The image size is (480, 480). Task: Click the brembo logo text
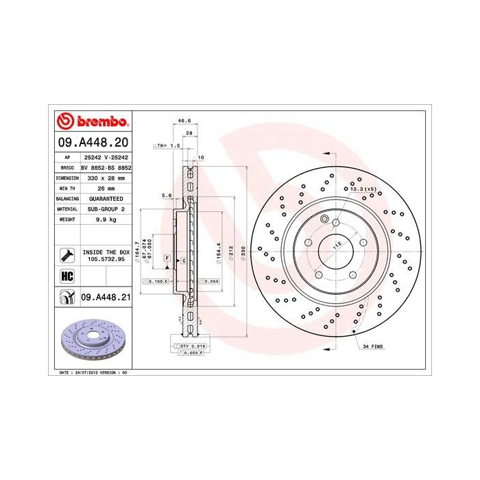point(99,122)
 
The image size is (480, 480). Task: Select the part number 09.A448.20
point(93,144)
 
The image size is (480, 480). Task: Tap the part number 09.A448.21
point(106,297)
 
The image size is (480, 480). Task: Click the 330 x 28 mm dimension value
point(106,177)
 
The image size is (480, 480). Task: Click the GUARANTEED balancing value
point(106,197)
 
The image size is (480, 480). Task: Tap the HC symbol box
point(67,275)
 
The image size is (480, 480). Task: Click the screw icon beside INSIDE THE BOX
point(67,256)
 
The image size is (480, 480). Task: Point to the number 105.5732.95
point(106,260)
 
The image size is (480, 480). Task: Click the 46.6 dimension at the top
point(184,121)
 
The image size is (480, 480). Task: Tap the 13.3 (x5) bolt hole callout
point(363,189)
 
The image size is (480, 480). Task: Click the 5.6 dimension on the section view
point(166,195)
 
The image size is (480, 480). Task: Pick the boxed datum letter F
point(167,256)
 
